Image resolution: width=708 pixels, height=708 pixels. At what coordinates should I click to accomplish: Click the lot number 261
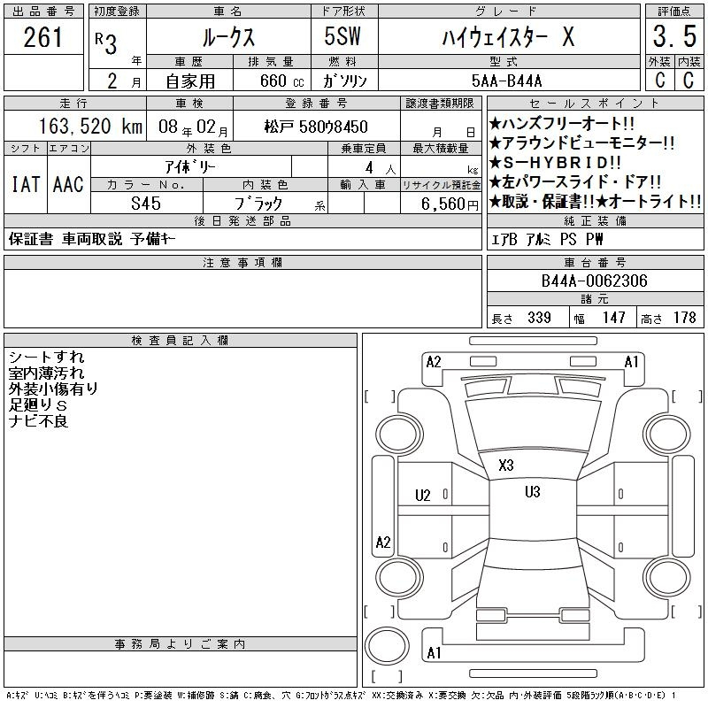(x=42, y=37)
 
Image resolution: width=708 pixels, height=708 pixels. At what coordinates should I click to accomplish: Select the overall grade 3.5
(x=674, y=36)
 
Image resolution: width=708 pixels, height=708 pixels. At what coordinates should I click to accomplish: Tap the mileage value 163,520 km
(x=90, y=127)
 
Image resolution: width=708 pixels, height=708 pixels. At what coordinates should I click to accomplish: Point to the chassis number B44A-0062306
(x=594, y=281)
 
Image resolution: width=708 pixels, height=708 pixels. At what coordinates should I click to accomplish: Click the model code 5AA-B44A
(x=506, y=81)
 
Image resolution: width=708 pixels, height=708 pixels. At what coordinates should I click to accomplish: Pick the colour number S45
(x=146, y=204)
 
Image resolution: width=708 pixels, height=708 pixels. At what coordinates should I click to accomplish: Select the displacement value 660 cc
(x=281, y=81)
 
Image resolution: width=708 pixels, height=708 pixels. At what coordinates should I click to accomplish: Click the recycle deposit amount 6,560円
(x=450, y=204)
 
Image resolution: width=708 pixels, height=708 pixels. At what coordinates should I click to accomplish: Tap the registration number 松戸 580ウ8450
(x=316, y=127)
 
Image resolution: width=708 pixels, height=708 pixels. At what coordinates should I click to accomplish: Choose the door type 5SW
(x=342, y=36)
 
